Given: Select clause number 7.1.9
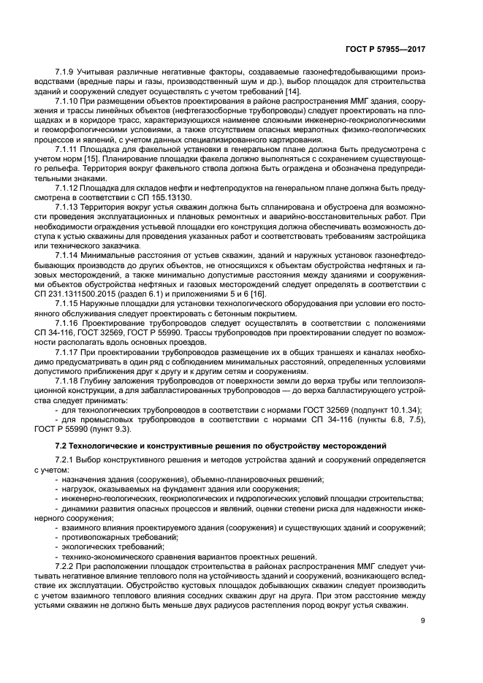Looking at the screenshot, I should point(68,74).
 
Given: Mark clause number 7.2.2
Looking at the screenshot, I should point(68,566).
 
